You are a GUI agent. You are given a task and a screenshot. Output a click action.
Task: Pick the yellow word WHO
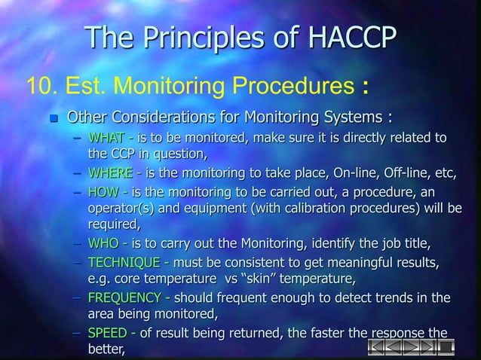(104, 244)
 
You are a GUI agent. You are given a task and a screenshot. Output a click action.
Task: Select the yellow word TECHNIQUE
(123, 262)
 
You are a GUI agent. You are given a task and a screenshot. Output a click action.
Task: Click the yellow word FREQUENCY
(122, 298)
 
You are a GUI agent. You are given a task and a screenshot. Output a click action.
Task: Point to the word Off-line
(406, 175)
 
